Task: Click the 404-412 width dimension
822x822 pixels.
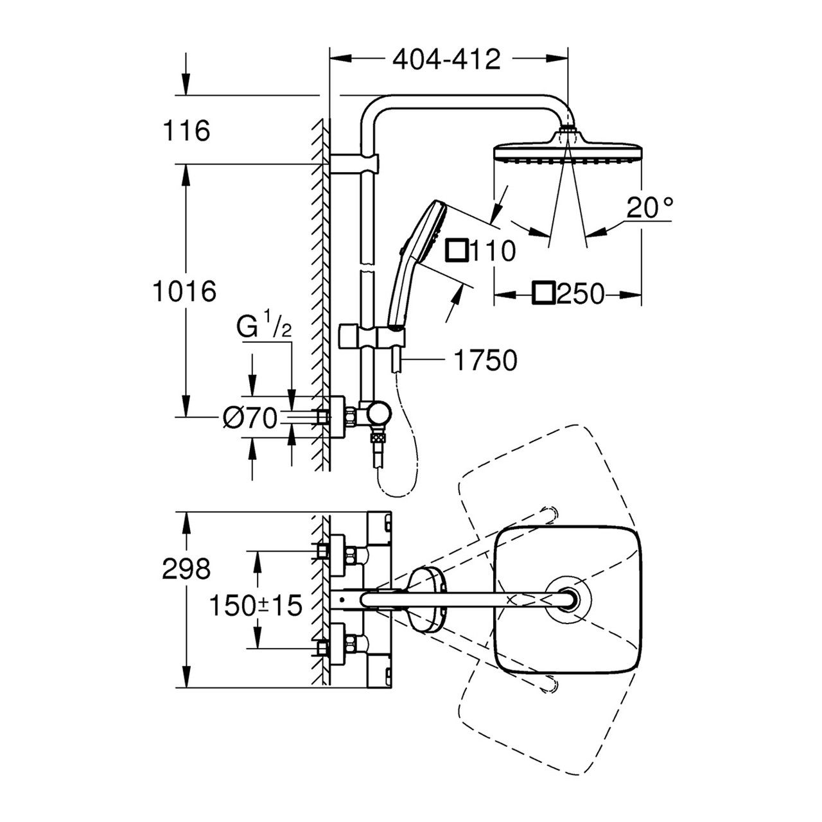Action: click(x=446, y=60)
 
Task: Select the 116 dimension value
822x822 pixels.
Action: click(x=186, y=131)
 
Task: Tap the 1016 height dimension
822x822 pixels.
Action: click(x=184, y=292)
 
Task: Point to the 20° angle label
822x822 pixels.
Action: click(x=650, y=208)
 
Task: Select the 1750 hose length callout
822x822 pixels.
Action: click(x=485, y=361)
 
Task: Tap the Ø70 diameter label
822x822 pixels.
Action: click(x=250, y=419)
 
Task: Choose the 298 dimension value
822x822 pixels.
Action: click(x=186, y=568)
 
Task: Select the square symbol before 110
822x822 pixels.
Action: click(x=458, y=251)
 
